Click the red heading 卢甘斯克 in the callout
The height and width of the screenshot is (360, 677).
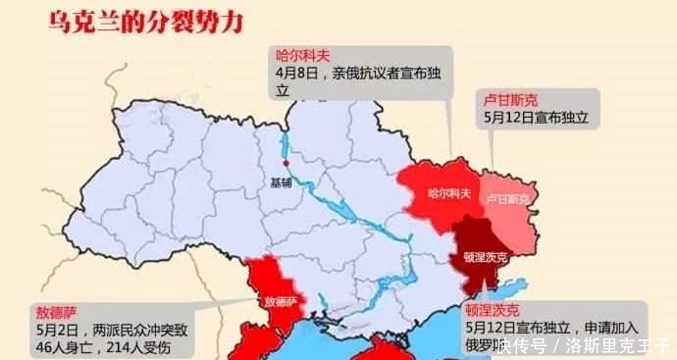coord(510,99)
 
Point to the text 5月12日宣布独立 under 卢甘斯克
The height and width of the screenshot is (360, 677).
coord(536,117)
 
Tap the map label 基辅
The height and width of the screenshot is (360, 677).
coord(282,182)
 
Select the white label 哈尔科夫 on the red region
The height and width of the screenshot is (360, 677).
coord(449,195)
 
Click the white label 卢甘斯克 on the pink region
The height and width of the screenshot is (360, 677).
coord(507,199)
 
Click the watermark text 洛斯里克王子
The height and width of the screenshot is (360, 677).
coord(618,345)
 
